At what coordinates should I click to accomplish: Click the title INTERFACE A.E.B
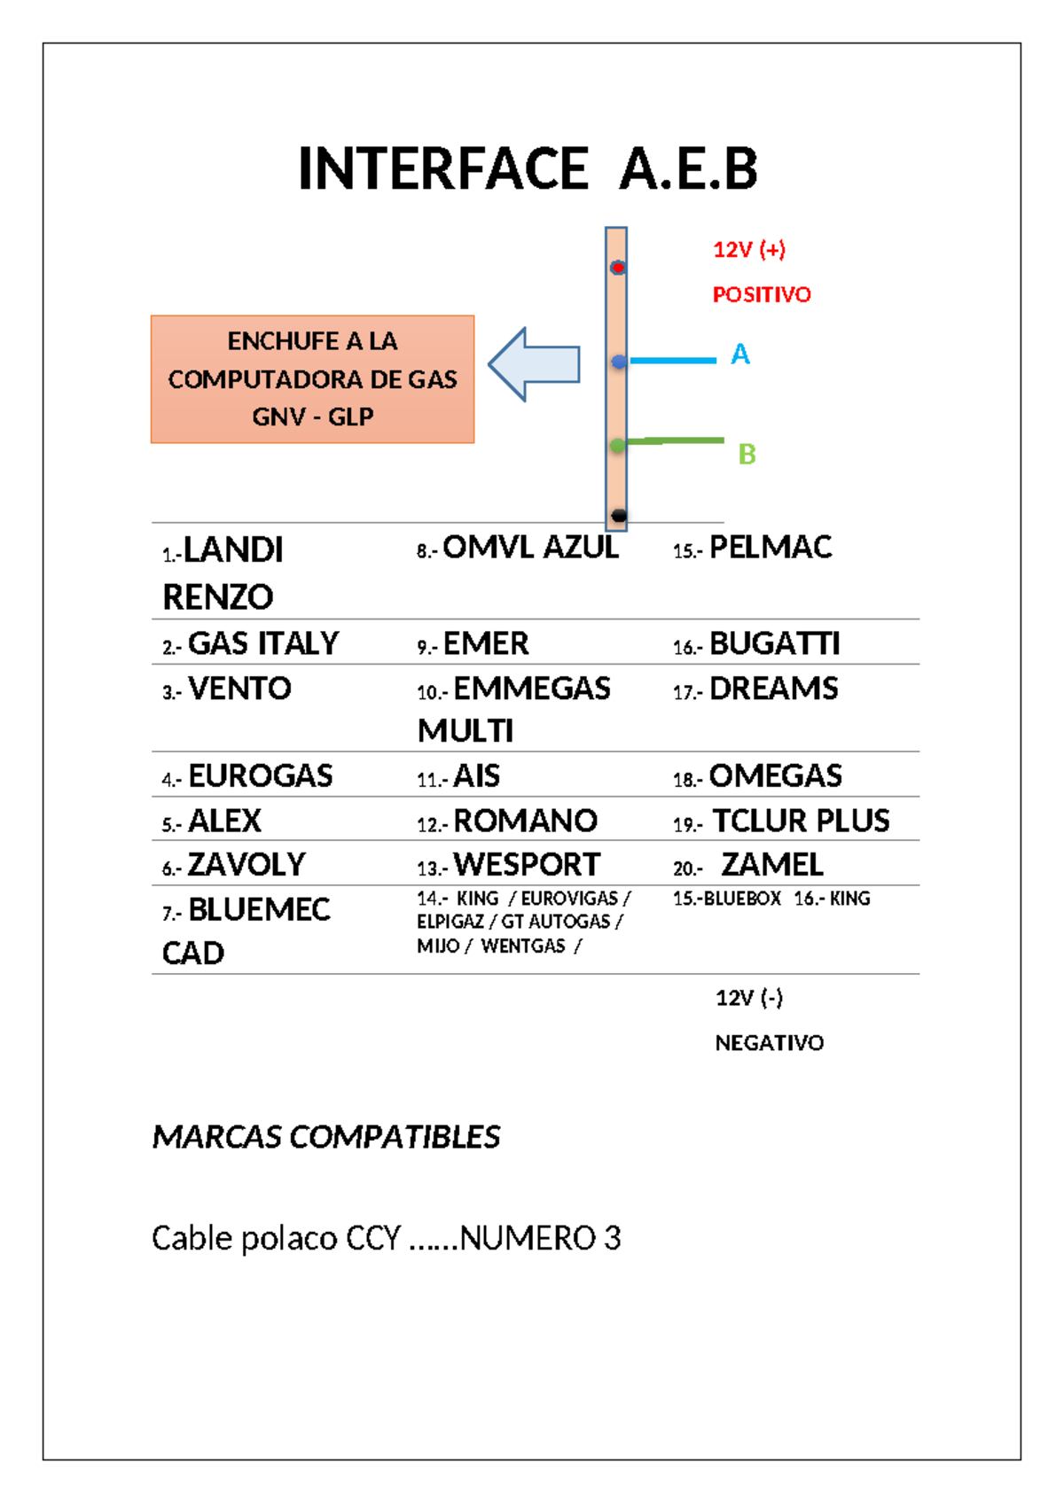528,169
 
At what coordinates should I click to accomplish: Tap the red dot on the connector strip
618,268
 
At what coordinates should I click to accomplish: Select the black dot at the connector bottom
619,515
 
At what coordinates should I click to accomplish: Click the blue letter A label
739,354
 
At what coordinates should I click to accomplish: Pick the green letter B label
747,455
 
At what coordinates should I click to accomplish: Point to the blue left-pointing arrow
535,364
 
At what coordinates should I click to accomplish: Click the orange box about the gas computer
312,379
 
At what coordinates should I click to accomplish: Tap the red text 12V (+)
749,250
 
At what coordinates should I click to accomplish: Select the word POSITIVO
762,295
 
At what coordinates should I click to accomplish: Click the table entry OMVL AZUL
530,549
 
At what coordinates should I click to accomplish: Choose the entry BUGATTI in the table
774,644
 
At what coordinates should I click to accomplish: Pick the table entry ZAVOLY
246,865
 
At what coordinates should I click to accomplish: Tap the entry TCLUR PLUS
801,822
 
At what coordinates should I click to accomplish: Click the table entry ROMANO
525,822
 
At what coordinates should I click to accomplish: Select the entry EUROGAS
260,776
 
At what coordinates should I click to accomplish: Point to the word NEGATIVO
769,1043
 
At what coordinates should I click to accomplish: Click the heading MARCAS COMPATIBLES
326,1137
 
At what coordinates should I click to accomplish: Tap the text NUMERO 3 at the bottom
540,1238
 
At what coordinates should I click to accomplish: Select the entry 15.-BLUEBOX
727,899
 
